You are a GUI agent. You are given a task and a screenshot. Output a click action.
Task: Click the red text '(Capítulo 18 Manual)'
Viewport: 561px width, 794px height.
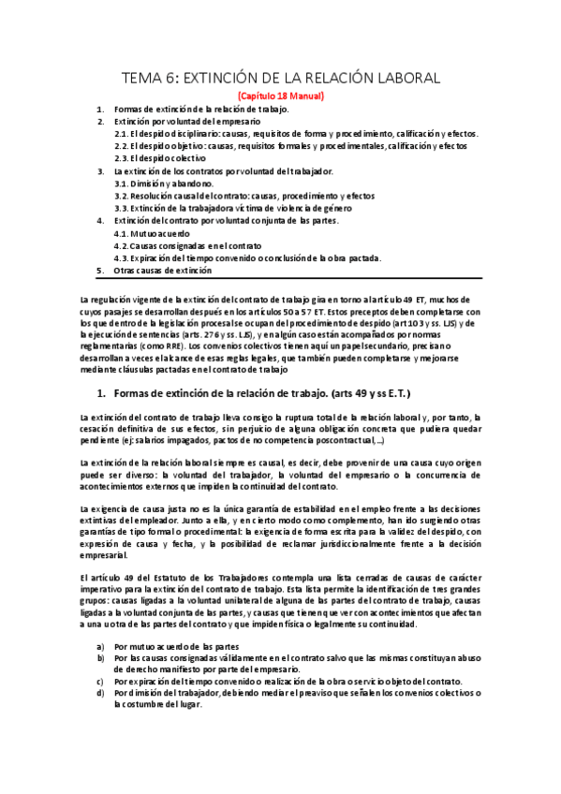280,96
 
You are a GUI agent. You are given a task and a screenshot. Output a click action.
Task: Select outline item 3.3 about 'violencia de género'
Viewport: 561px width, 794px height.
233,208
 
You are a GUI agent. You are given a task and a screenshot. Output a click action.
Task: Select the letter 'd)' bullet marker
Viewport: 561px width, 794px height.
100,693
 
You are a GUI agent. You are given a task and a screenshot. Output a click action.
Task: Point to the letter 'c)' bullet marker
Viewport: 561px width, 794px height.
100,682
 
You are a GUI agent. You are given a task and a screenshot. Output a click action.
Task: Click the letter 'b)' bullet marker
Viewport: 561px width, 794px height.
100,658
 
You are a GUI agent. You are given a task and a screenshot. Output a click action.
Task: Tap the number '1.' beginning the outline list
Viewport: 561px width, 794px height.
101,110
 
